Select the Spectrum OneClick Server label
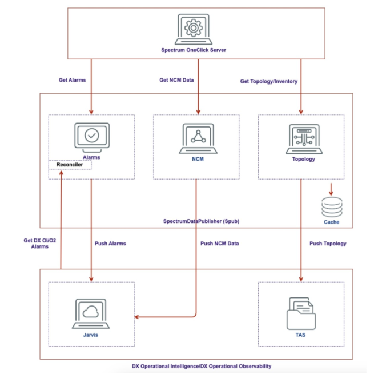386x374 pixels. point(194,50)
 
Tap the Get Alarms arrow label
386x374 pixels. point(73,80)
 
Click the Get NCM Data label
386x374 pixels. point(176,80)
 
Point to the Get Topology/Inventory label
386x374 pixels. point(269,81)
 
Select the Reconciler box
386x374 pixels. point(70,165)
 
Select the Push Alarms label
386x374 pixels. point(110,244)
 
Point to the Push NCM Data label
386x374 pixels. point(219,244)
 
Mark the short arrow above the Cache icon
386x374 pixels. point(331,188)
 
